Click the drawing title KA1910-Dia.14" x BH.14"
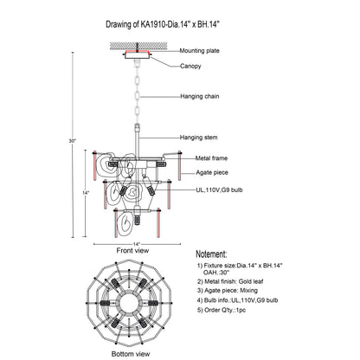180,24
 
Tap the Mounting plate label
199,51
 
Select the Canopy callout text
190,66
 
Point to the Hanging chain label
200,96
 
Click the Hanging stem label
199,138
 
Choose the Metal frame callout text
211,158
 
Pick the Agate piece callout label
212,172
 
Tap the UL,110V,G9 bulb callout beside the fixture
219,190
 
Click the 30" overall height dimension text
72,141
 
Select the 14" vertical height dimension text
86,193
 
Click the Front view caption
132,250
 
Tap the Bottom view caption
131,354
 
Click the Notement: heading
211,254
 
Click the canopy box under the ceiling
138,55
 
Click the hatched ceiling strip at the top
138,46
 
